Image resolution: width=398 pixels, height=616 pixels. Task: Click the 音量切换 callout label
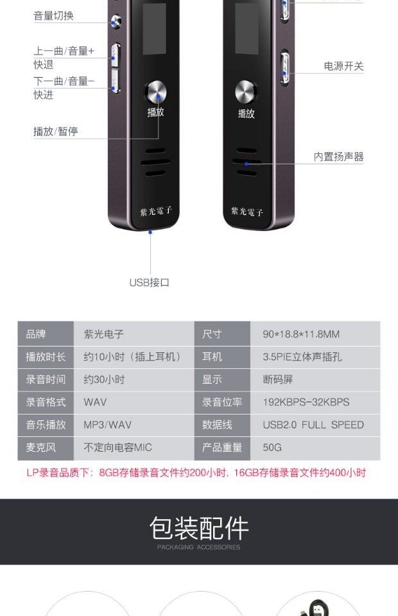pyautogui.click(x=54, y=16)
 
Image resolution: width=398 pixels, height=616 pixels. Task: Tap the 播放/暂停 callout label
pyautogui.click(x=56, y=132)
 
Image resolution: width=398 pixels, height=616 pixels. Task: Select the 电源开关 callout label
pyautogui.click(x=343, y=66)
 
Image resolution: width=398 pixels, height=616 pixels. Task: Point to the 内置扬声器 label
pyautogui.click(x=338, y=157)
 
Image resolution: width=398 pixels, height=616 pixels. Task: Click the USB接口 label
pyautogui.click(x=150, y=282)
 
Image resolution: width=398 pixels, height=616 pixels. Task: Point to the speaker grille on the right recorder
pyautogui.click(x=247, y=162)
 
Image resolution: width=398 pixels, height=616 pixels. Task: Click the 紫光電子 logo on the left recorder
pyautogui.click(x=156, y=211)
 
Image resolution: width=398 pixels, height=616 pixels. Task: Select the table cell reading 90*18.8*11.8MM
pyautogui.click(x=301, y=334)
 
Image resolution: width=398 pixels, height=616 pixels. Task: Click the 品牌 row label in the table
pyautogui.click(x=36, y=334)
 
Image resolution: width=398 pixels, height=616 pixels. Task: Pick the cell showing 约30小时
pyautogui.click(x=104, y=379)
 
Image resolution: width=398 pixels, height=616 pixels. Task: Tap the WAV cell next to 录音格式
pyautogui.click(x=95, y=402)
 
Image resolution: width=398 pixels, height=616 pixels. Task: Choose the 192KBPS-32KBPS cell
pyautogui.click(x=306, y=402)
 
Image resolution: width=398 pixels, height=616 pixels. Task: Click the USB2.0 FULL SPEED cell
pyautogui.click(x=313, y=425)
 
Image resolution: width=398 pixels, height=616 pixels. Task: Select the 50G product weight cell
pyautogui.click(x=272, y=447)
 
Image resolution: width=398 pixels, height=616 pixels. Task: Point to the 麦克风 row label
pyautogui.click(x=40, y=447)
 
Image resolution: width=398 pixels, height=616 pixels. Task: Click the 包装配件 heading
pyautogui.click(x=199, y=529)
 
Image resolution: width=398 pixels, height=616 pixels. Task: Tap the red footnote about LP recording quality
pyautogui.click(x=196, y=473)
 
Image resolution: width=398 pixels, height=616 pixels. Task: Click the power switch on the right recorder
pyautogui.click(x=284, y=67)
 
